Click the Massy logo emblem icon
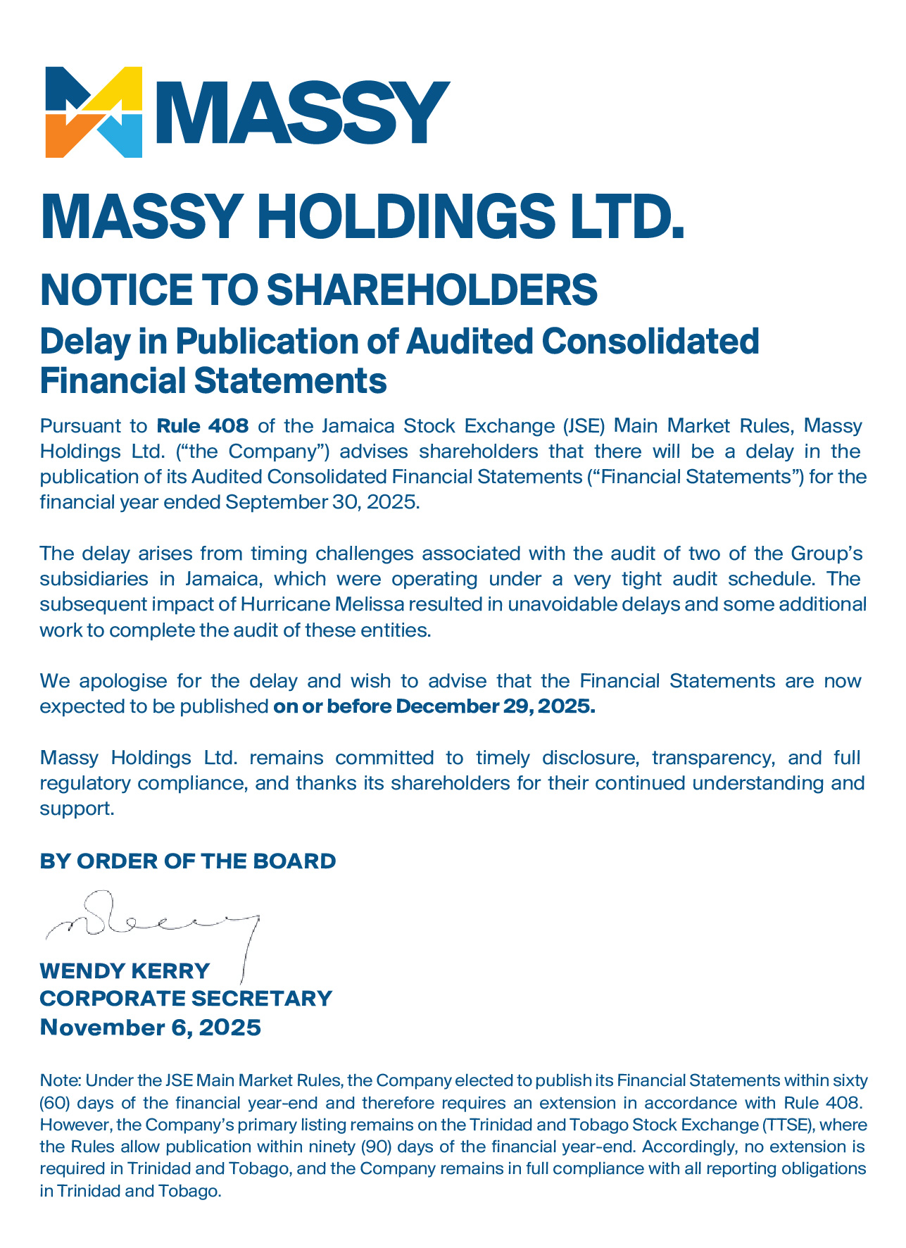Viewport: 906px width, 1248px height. (94, 112)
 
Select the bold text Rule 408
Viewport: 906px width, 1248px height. (202, 426)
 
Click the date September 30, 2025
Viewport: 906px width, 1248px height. (321, 502)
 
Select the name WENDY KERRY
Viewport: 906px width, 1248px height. (125, 971)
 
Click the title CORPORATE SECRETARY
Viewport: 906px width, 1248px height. (186, 998)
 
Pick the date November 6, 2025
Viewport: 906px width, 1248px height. (150, 1027)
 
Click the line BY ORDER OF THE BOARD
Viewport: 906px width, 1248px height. (188, 861)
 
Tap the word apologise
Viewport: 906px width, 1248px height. (122, 681)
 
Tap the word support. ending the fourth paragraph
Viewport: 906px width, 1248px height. (77, 809)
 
